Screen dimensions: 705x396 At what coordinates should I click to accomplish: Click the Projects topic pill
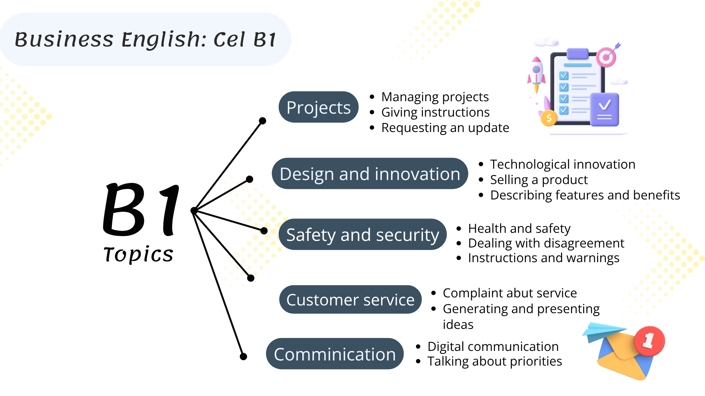point(318,107)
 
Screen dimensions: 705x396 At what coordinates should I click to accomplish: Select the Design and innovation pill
point(370,173)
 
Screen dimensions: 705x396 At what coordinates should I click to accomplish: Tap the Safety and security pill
point(362,234)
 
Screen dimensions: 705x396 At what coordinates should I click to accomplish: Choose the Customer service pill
point(350,300)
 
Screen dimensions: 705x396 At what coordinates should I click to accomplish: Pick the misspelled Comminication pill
point(335,354)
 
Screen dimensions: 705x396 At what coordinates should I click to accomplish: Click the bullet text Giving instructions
point(435,112)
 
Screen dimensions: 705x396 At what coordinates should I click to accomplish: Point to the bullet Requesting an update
point(445,128)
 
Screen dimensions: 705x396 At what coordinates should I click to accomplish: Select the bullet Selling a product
point(539,180)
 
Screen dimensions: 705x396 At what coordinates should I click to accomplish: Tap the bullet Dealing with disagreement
point(546,243)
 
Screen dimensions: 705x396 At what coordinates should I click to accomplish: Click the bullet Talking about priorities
point(495,361)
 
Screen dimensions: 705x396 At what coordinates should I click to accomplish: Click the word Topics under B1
point(138,254)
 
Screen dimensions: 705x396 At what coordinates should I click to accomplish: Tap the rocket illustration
point(536,74)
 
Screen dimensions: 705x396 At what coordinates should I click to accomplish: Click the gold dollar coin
point(549,118)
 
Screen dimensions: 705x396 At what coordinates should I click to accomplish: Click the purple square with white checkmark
point(604,109)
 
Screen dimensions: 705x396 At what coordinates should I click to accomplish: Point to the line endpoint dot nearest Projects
point(263,121)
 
